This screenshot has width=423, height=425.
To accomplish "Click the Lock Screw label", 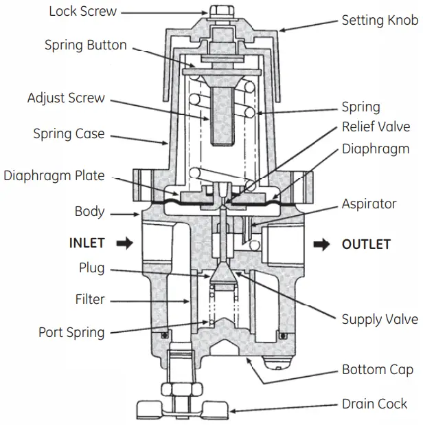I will [x=83, y=12].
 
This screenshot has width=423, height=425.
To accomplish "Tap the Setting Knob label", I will [x=380, y=20].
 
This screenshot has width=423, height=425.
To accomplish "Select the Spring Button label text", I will [x=86, y=45].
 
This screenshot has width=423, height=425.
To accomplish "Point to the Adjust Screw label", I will [x=66, y=98].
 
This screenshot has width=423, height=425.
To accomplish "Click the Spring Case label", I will [x=69, y=133].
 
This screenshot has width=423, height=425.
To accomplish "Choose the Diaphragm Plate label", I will [x=54, y=175].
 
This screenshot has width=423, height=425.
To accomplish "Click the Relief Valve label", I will [x=376, y=127].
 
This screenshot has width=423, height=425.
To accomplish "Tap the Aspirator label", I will [x=369, y=204].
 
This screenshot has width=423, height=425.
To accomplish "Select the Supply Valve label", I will [x=380, y=319].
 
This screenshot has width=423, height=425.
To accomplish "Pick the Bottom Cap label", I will [x=378, y=370].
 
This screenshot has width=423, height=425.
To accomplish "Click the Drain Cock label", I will [x=374, y=404].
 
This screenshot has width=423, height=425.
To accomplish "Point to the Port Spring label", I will [x=71, y=333].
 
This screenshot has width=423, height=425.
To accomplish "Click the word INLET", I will [x=87, y=243].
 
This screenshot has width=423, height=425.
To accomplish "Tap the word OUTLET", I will [x=366, y=244].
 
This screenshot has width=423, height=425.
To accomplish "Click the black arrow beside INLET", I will [x=124, y=243].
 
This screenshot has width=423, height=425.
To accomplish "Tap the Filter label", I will [x=90, y=300].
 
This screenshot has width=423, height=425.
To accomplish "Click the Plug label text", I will [x=91, y=268].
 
